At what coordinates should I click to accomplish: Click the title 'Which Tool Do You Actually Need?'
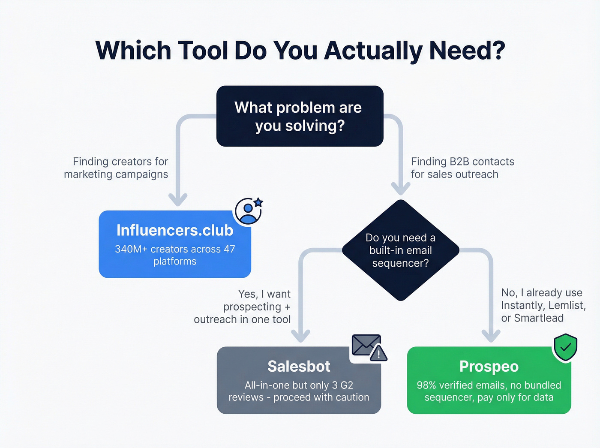[x=300, y=51]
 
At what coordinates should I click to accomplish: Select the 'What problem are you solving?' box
[x=300, y=116]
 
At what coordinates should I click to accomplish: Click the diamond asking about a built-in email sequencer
[x=400, y=250]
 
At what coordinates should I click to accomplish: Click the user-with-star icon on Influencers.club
[x=249, y=211]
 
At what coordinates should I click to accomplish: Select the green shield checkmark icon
[x=565, y=347]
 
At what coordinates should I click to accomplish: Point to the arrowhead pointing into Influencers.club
[x=178, y=199]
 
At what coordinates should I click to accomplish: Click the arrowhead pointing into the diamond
[x=401, y=188]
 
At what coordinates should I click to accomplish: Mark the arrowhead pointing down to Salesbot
[x=300, y=335]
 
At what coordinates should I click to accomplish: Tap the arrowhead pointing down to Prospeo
[x=491, y=335]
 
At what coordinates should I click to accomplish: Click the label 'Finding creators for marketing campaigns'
[x=116, y=168]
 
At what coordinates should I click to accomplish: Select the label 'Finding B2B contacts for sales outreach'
[x=462, y=168]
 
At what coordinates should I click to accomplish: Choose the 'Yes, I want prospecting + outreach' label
[x=243, y=307]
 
